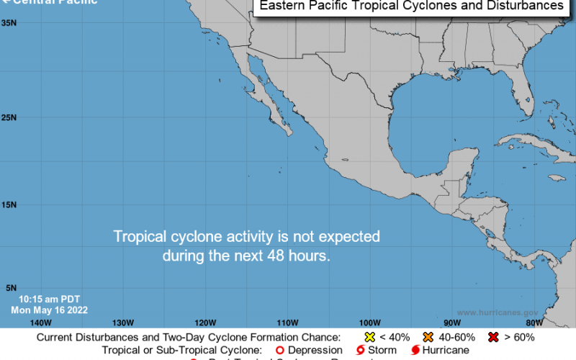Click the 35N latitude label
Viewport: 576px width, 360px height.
tap(9, 23)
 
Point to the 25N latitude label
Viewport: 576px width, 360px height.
tap(9, 117)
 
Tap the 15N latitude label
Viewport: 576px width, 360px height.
tap(9, 205)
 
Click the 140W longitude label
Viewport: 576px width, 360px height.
tap(41, 322)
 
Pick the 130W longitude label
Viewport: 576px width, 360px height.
tap(123, 322)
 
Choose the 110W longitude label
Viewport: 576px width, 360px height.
tap(288, 322)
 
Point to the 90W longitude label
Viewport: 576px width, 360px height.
tap(451, 322)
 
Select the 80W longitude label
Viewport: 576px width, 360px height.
tap(534, 322)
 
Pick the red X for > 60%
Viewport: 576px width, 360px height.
tap(494, 337)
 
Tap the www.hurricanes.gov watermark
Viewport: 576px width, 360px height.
tap(498, 313)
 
